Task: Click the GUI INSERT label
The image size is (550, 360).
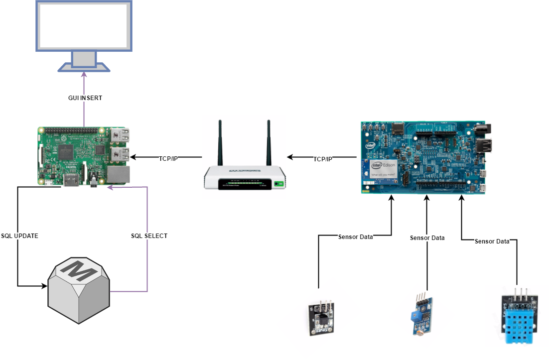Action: pyautogui.click(x=85, y=98)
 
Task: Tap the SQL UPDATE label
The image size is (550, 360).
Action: pyautogui.click(x=19, y=236)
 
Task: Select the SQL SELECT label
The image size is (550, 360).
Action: pyautogui.click(x=149, y=236)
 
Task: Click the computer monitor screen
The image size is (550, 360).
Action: pyautogui.click(x=84, y=25)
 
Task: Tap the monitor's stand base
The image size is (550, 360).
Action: pyautogui.click(x=84, y=67)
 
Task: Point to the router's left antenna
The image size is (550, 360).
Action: pyautogui.click(x=219, y=142)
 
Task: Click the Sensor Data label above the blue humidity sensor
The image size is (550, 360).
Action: pyautogui.click(x=492, y=241)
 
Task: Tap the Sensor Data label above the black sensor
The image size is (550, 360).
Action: pyautogui.click(x=355, y=237)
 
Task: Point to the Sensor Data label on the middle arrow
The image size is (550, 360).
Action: pyautogui.click(x=427, y=238)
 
